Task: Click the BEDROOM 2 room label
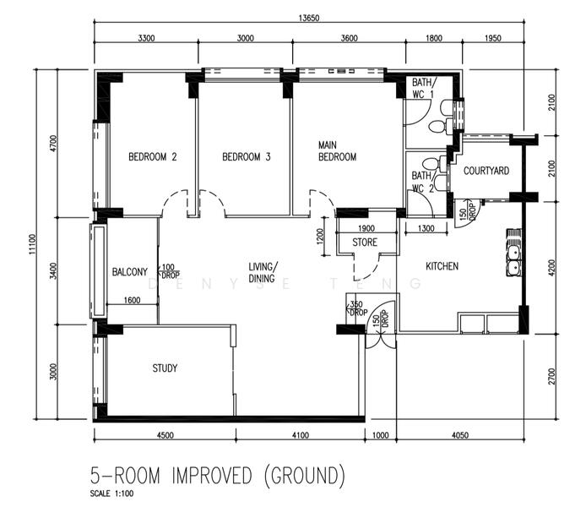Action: click(x=152, y=156)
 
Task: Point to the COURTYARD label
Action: click(x=486, y=171)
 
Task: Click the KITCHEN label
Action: click(x=442, y=266)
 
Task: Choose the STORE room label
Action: click(x=365, y=243)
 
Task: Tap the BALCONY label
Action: click(x=130, y=272)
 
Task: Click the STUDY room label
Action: click(x=165, y=368)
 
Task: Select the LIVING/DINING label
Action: click(x=264, y=271)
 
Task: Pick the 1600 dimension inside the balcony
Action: click(x=132, y=300)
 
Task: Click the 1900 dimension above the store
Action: click(x=365, y=229)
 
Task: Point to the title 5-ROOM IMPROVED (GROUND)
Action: click(x=217, y=475)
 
